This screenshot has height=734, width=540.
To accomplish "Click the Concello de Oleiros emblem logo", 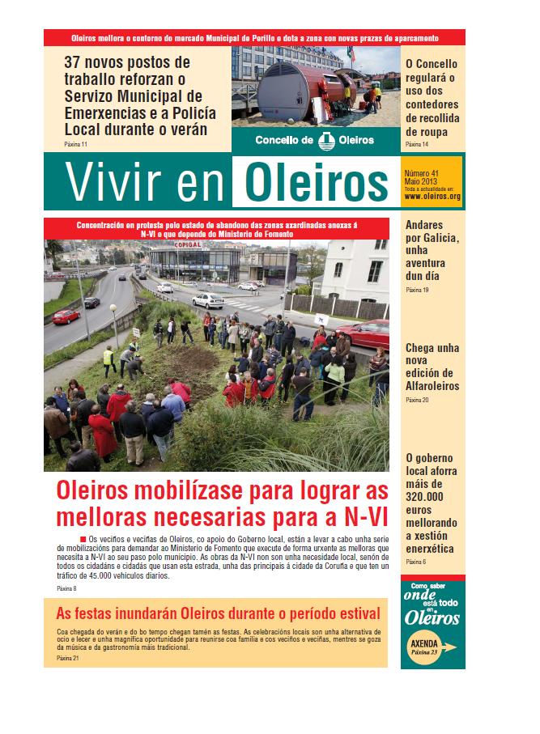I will coord(325,140).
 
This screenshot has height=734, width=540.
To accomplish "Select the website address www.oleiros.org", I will coord(432,196).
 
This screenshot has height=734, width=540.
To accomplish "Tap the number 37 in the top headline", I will coord(76,62).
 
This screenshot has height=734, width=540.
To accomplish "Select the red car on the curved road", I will coord(66,316).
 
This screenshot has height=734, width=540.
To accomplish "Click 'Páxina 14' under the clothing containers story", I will coord(416,144).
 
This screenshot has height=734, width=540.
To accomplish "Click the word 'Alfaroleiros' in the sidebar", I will coord(432,386).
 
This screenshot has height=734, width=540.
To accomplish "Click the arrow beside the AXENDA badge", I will coord(451,647).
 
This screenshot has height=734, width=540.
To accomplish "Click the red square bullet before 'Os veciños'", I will coord(83,539).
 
